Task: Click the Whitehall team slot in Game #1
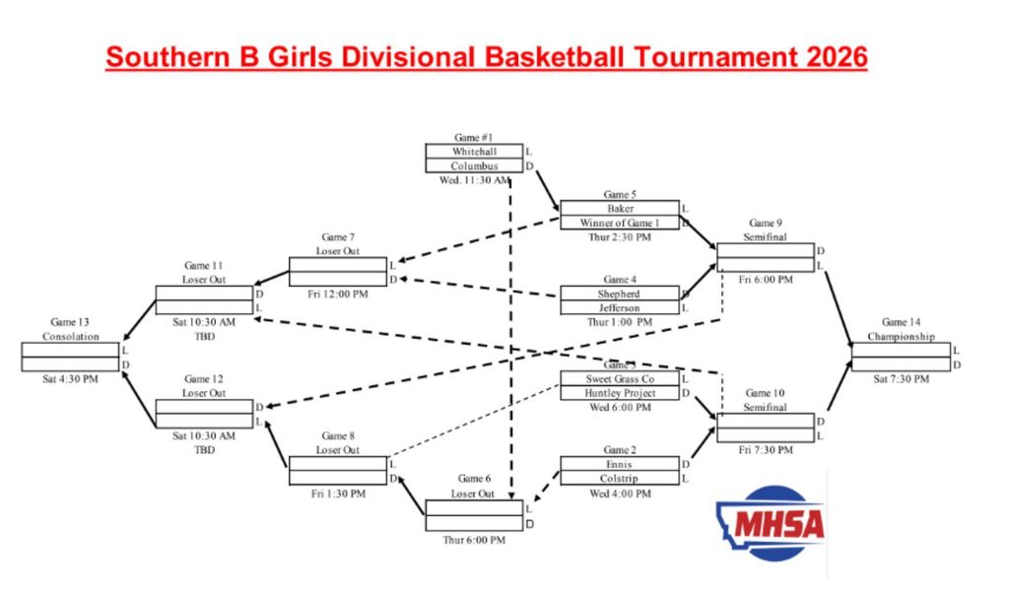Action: point(474,152)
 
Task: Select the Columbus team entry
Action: point(474,166)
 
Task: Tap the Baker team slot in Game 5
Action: point(620,209)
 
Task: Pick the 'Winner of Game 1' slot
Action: point(620,223)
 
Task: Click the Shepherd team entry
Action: point(619,294)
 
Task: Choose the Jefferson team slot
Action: point(619,308)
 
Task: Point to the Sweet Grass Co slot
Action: point(619,379)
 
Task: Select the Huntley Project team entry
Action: point(619,393)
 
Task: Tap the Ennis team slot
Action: point(619,464)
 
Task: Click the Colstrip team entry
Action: point(619,479)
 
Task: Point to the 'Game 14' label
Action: point(901,322)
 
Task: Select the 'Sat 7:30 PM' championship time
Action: point(901,379)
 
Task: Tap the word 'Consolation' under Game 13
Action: point(71,337)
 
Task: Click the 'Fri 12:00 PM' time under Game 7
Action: point(337,295)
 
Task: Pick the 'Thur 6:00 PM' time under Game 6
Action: point(474,539)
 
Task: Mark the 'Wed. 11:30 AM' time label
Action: point(474,180)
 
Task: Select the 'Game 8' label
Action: point(337,436)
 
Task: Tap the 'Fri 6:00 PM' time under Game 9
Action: point(765,280)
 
